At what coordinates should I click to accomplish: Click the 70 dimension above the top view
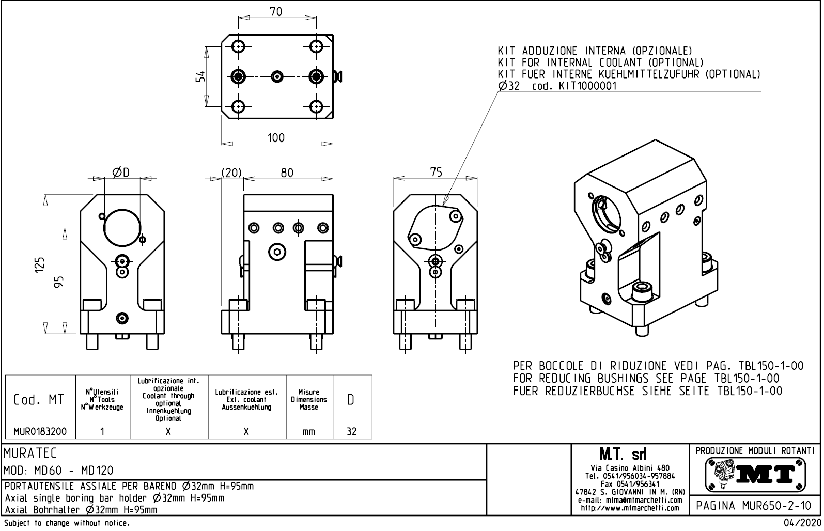point(276,11)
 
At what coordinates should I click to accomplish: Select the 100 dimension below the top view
point(276,137)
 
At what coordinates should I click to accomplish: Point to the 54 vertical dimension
point(200,76)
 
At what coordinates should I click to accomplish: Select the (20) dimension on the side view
point(231,173)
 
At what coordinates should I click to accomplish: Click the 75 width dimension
point(437,172)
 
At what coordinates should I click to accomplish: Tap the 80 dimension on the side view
point(287,173)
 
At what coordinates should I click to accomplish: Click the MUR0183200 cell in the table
point(40,431)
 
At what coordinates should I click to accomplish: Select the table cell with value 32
point(351,431)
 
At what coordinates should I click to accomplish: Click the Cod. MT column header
point(39,400)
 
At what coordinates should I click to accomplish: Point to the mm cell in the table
point(308,432)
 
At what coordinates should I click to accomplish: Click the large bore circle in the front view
point(122,228)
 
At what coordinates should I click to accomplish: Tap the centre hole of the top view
point(277,76)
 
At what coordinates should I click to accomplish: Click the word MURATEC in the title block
point(30,454)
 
